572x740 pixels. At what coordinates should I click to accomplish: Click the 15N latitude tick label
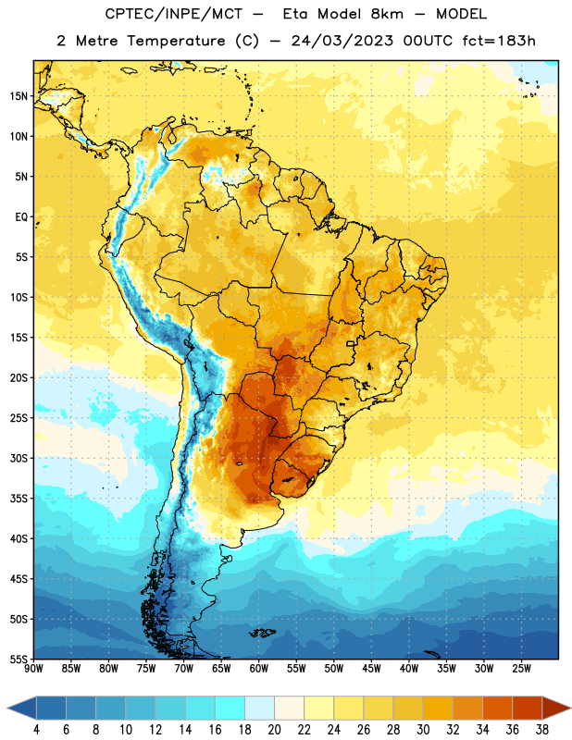click(19, 96)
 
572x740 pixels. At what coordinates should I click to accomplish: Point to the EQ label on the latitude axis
click(21, 217)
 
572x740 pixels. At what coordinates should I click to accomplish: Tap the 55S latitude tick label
click(19, 659)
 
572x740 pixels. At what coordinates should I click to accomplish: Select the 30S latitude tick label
click(19, 458)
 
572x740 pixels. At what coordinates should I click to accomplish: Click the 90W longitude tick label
click(33, 669)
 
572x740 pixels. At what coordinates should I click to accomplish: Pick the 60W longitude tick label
click(259, 669)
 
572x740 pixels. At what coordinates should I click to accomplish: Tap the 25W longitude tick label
click(521, 669)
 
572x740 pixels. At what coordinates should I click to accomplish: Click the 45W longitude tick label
click(371, 669)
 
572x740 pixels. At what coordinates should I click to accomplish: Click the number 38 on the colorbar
click(542, 730)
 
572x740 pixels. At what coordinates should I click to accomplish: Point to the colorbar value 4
click(36, 730)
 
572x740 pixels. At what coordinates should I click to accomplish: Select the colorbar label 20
click(274, 730)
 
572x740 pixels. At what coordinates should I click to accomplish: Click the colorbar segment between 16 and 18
click(230, 709)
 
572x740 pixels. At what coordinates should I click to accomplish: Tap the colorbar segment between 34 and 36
click(497, 709)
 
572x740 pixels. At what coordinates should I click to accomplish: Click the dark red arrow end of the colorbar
click(556, 709)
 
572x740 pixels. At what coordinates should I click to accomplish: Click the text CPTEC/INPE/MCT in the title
click(173, 14)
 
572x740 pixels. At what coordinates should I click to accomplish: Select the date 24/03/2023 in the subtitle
click(342, 41)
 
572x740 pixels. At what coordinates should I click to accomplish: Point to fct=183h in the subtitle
click(499, 41)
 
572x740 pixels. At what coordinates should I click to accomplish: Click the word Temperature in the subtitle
click(176, 42)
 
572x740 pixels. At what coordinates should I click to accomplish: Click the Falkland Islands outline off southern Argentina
click(262, 633)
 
